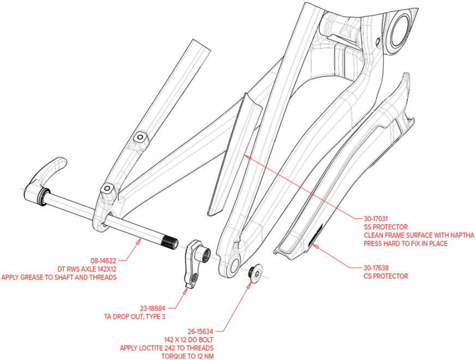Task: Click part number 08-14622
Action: click(x=104, y=260)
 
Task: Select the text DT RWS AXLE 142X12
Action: click(x=87, y=269)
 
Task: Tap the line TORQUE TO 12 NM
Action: click(x=187, y=356)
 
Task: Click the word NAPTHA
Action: click(x=462, y=235)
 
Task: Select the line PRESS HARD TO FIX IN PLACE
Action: click(x=405, y=243)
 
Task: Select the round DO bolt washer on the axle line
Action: click(x=257, y=273)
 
